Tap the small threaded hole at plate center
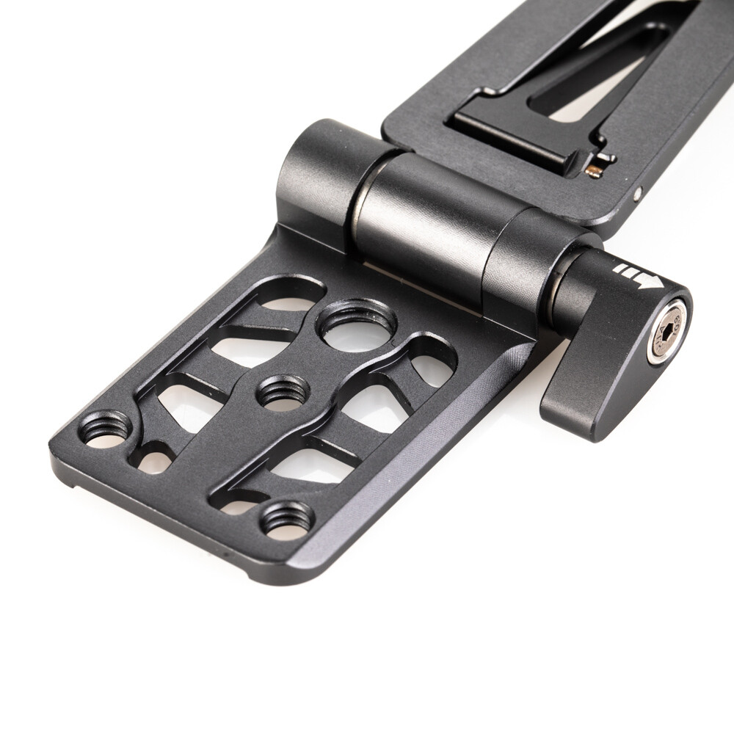coord(283,391)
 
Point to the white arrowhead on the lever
coord(650,281)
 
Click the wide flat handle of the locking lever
coord(587,400)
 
